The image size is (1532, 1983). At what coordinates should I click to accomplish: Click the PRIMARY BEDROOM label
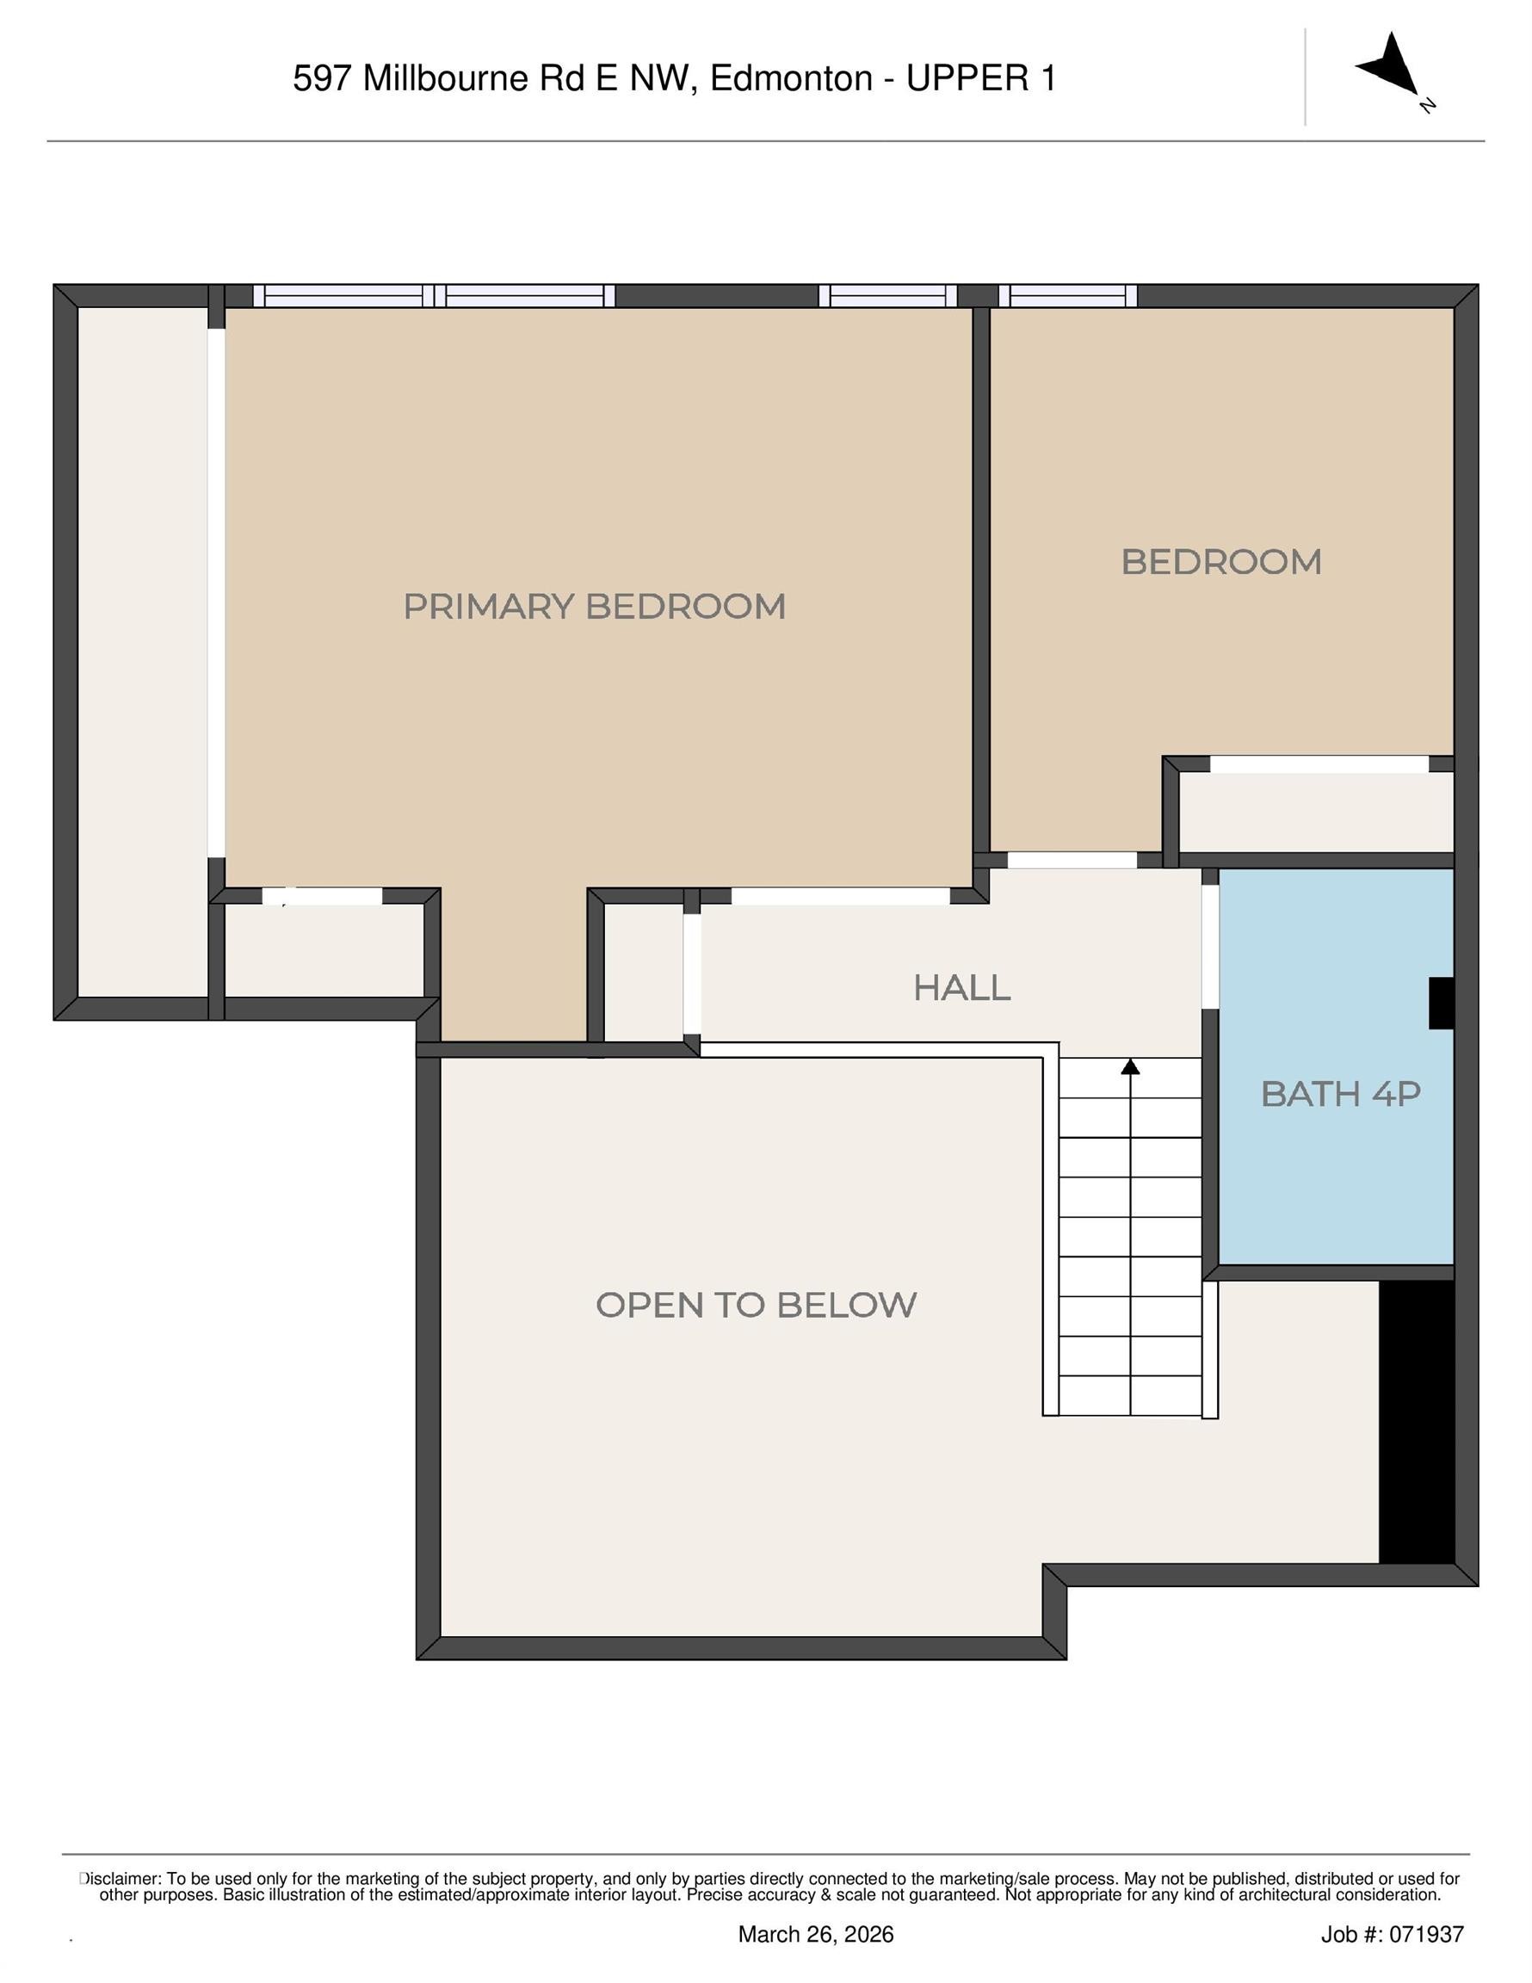(x=594, y=607)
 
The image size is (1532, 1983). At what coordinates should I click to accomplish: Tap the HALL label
(x=961, y=988)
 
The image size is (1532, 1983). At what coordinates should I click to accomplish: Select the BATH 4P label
(x=1339, y=1094)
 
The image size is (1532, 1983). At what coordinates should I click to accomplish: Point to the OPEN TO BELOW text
(x=756, y=1306)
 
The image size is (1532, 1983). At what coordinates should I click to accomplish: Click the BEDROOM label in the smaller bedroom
(x=1220, y=562)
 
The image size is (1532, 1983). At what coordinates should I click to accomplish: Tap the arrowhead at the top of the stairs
(x=1130, y=1068)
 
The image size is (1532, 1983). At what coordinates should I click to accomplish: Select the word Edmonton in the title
(x=791, y=79)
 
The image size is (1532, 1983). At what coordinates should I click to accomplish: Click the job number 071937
(x=1427, y=1935)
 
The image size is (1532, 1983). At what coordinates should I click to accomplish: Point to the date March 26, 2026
(x=816, y=1935)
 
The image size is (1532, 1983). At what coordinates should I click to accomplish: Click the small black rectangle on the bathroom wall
(x=1441, y=1004)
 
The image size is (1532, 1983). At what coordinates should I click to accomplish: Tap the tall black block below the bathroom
(x=1416, y=1422)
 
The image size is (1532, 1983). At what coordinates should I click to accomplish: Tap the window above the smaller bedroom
(x=1067, y=296)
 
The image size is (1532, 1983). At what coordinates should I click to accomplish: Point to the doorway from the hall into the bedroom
(x=1072, y=859)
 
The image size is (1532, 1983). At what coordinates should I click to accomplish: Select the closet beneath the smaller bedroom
(x=1315, y=812)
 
